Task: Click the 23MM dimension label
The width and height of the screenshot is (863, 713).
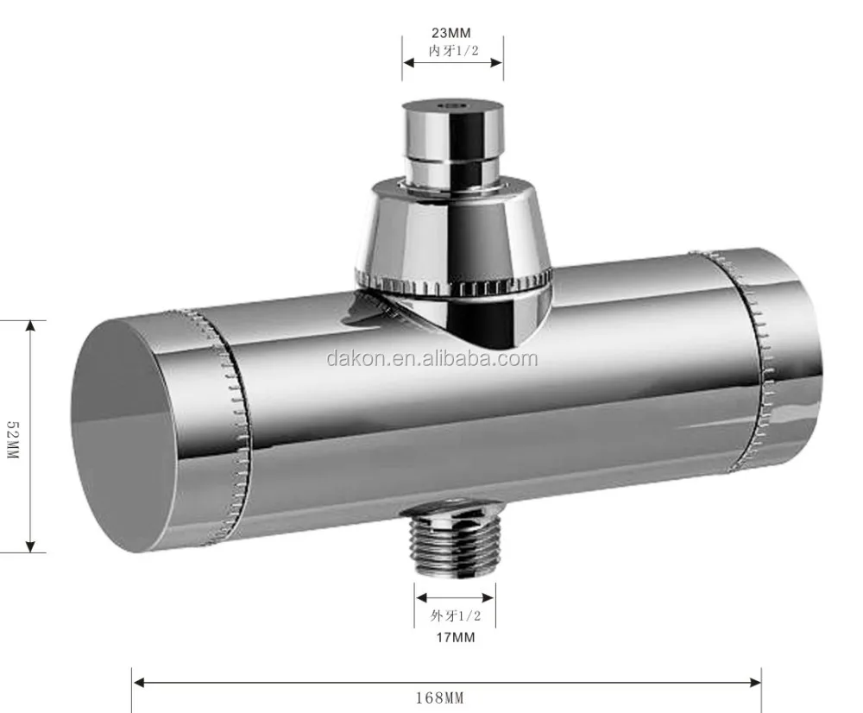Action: click(x=452, y=34)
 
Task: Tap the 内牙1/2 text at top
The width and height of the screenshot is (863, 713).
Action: click(x=452, y=51)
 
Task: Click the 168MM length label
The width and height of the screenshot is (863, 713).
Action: click(x=445, y=697)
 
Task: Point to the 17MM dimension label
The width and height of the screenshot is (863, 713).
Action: click(x=454, y=638)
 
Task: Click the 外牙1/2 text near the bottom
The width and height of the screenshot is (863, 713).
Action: click(x=454, y=616)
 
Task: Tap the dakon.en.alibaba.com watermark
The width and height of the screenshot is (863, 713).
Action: click(x=431, y=358)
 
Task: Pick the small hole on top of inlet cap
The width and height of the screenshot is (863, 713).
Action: click(x=451, y=104)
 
